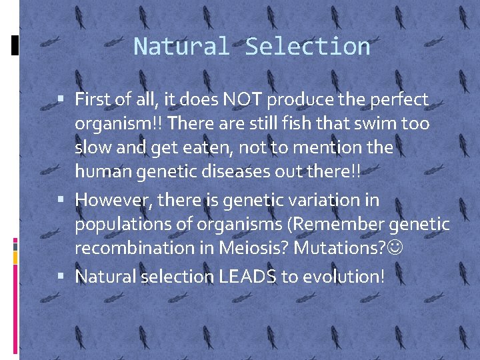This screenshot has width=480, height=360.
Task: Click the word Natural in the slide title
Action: click(x=181, y=47)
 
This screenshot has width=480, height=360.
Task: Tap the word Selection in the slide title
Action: click(x=307, y=47)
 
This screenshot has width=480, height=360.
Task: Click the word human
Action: click(x=101, y=172)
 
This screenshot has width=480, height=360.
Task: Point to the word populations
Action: click(x=121, y=225)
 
